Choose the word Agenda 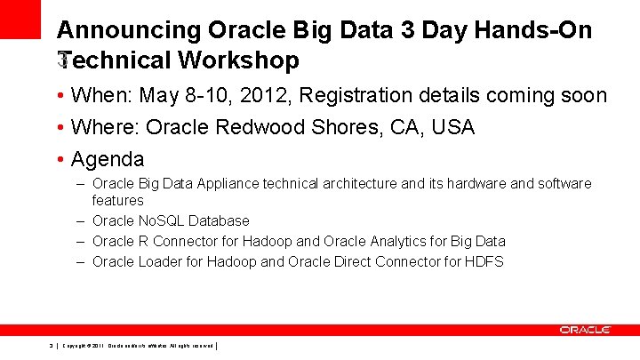tap(108, 160)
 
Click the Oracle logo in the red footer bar tap(585, 330)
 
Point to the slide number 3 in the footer tap(52, 345)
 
